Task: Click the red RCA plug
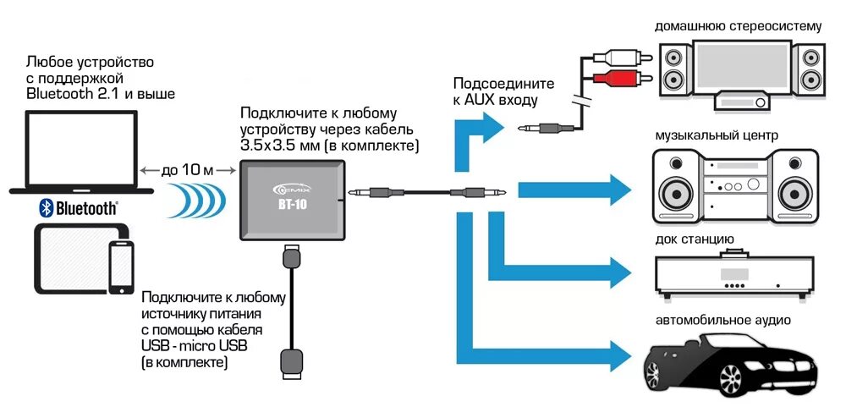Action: [x=624, y=80]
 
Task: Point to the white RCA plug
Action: [x=624, y=58]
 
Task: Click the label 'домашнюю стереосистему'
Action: [x=738, y=26]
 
